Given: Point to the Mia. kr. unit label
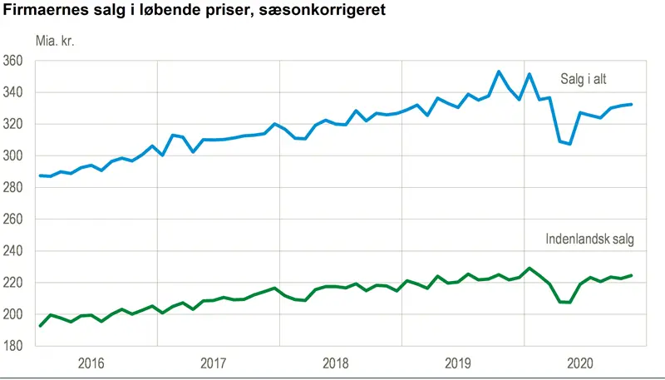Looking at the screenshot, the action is coord(55,41).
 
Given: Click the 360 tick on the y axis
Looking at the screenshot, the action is coord(12,61).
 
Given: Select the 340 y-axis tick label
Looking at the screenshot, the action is coord(12,92).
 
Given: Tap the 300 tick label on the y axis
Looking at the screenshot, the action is coord(12,156).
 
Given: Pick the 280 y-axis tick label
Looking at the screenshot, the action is coord(12,188).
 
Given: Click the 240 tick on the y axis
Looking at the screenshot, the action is coord(12,251).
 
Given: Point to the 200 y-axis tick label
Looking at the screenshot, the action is coord(12,314).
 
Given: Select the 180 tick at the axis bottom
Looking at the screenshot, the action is coord(12,346).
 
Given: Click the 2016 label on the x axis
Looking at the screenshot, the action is coord(91,363).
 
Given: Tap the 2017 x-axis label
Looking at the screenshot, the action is coord(214,363).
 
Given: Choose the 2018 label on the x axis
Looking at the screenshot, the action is coord(336,363).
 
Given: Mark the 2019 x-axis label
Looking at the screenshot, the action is coord(458,363).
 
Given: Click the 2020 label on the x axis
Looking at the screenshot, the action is coord(580,363).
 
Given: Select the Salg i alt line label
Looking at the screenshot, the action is coord(584,79).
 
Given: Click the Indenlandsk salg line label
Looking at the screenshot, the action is coord(590,239).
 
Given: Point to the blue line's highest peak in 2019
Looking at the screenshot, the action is coord(498,72).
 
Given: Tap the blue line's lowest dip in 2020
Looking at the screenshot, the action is coord(569,144).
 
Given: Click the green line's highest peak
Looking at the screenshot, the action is coord(529,268).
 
